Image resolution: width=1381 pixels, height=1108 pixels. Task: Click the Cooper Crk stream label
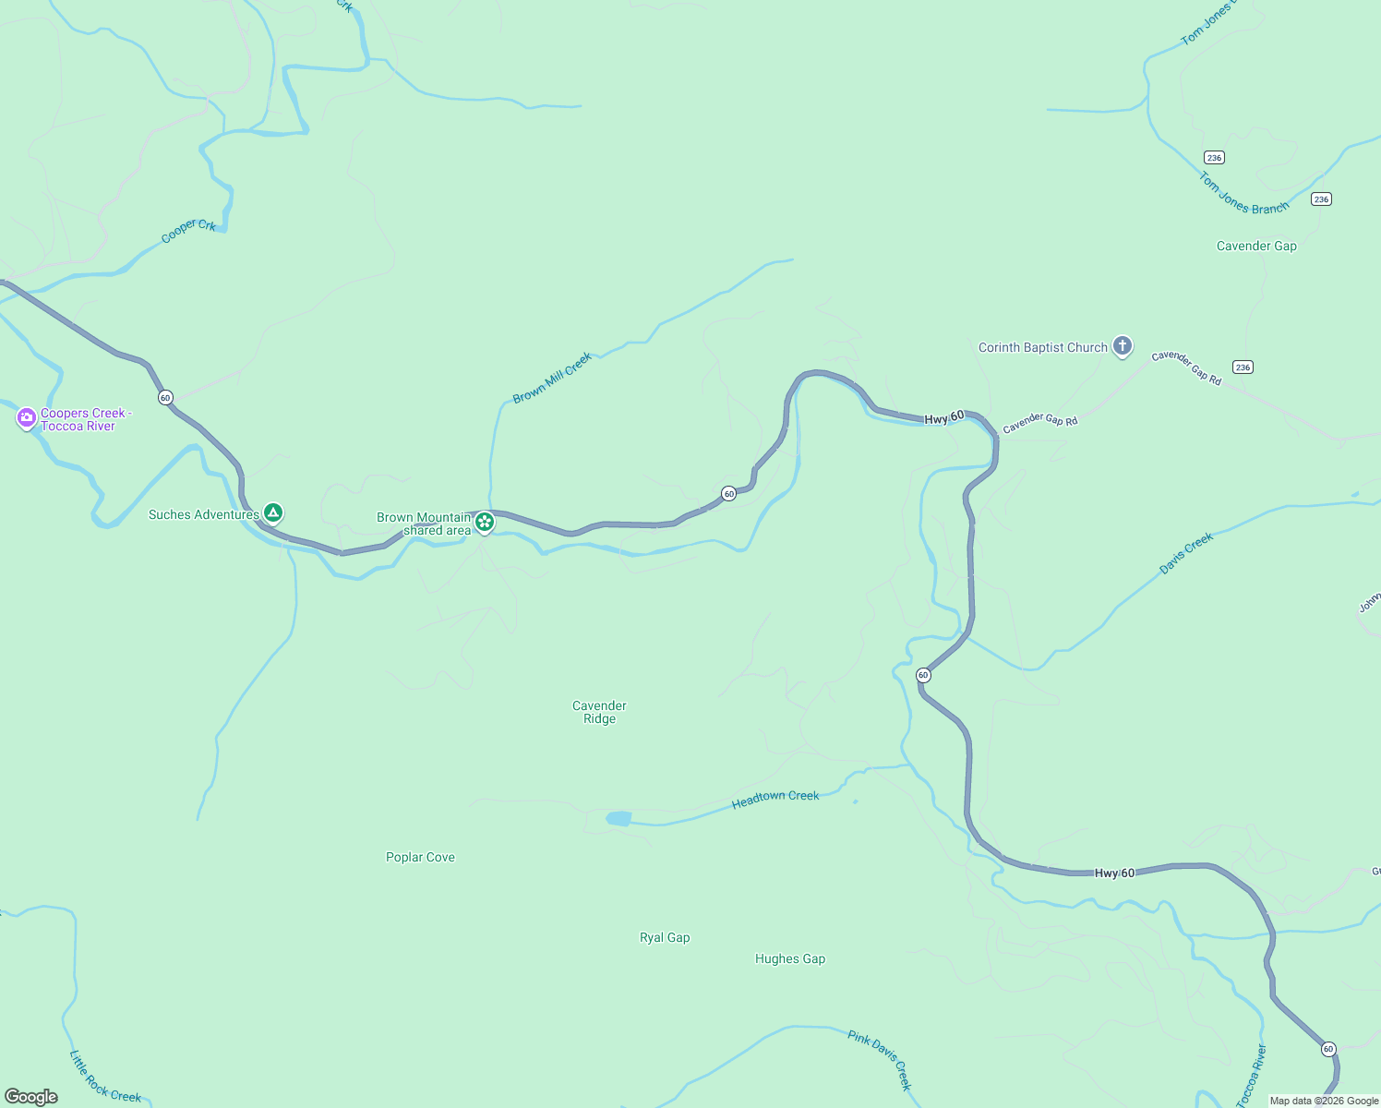188,230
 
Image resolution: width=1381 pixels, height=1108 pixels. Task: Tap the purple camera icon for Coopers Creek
27,418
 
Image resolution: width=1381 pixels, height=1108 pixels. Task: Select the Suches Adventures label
203,514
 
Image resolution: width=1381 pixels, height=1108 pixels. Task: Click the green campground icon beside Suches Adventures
272,512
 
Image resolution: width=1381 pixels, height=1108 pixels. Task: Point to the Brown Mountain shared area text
425,524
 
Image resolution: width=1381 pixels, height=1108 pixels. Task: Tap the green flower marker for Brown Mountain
485,522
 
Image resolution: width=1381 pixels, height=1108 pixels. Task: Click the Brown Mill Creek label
552,378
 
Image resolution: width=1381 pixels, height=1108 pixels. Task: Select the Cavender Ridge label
599,712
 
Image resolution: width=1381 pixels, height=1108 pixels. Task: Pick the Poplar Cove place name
420,857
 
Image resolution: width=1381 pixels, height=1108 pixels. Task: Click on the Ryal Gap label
665,937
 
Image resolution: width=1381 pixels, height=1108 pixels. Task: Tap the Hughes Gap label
790,958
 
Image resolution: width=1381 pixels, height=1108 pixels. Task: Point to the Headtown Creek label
775,799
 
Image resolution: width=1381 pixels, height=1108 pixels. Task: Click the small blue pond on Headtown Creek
618,819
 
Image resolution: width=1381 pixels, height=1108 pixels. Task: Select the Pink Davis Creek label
880,1060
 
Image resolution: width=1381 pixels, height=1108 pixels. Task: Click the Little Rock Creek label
105,1078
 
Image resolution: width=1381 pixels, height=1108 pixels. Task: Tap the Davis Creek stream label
1186,553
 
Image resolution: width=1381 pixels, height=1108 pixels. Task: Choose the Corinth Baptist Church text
1042,347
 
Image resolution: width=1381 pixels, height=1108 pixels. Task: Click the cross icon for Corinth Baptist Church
1123,346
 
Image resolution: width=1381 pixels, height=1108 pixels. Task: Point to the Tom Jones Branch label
1243,195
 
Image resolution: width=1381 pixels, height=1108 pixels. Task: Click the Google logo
31,1096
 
